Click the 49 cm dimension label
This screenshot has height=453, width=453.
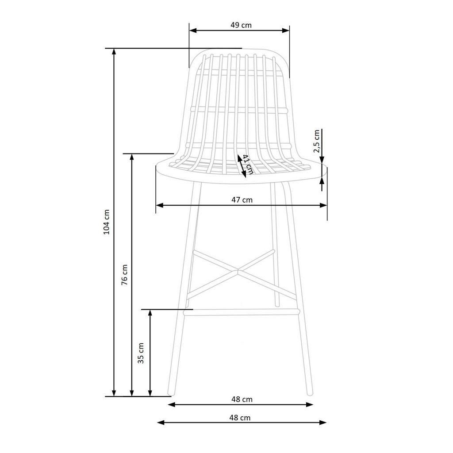(241, 25)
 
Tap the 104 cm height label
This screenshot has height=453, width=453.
(107, 222)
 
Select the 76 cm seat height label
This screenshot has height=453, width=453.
(124, 275)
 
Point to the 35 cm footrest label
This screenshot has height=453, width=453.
(141, 353)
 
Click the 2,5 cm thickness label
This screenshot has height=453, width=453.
(317, 141)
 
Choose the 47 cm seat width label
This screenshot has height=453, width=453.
(242, 200)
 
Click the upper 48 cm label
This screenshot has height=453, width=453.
(242, 399)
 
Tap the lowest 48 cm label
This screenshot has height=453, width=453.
(240, 418)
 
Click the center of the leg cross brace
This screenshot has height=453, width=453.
(238, 271)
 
